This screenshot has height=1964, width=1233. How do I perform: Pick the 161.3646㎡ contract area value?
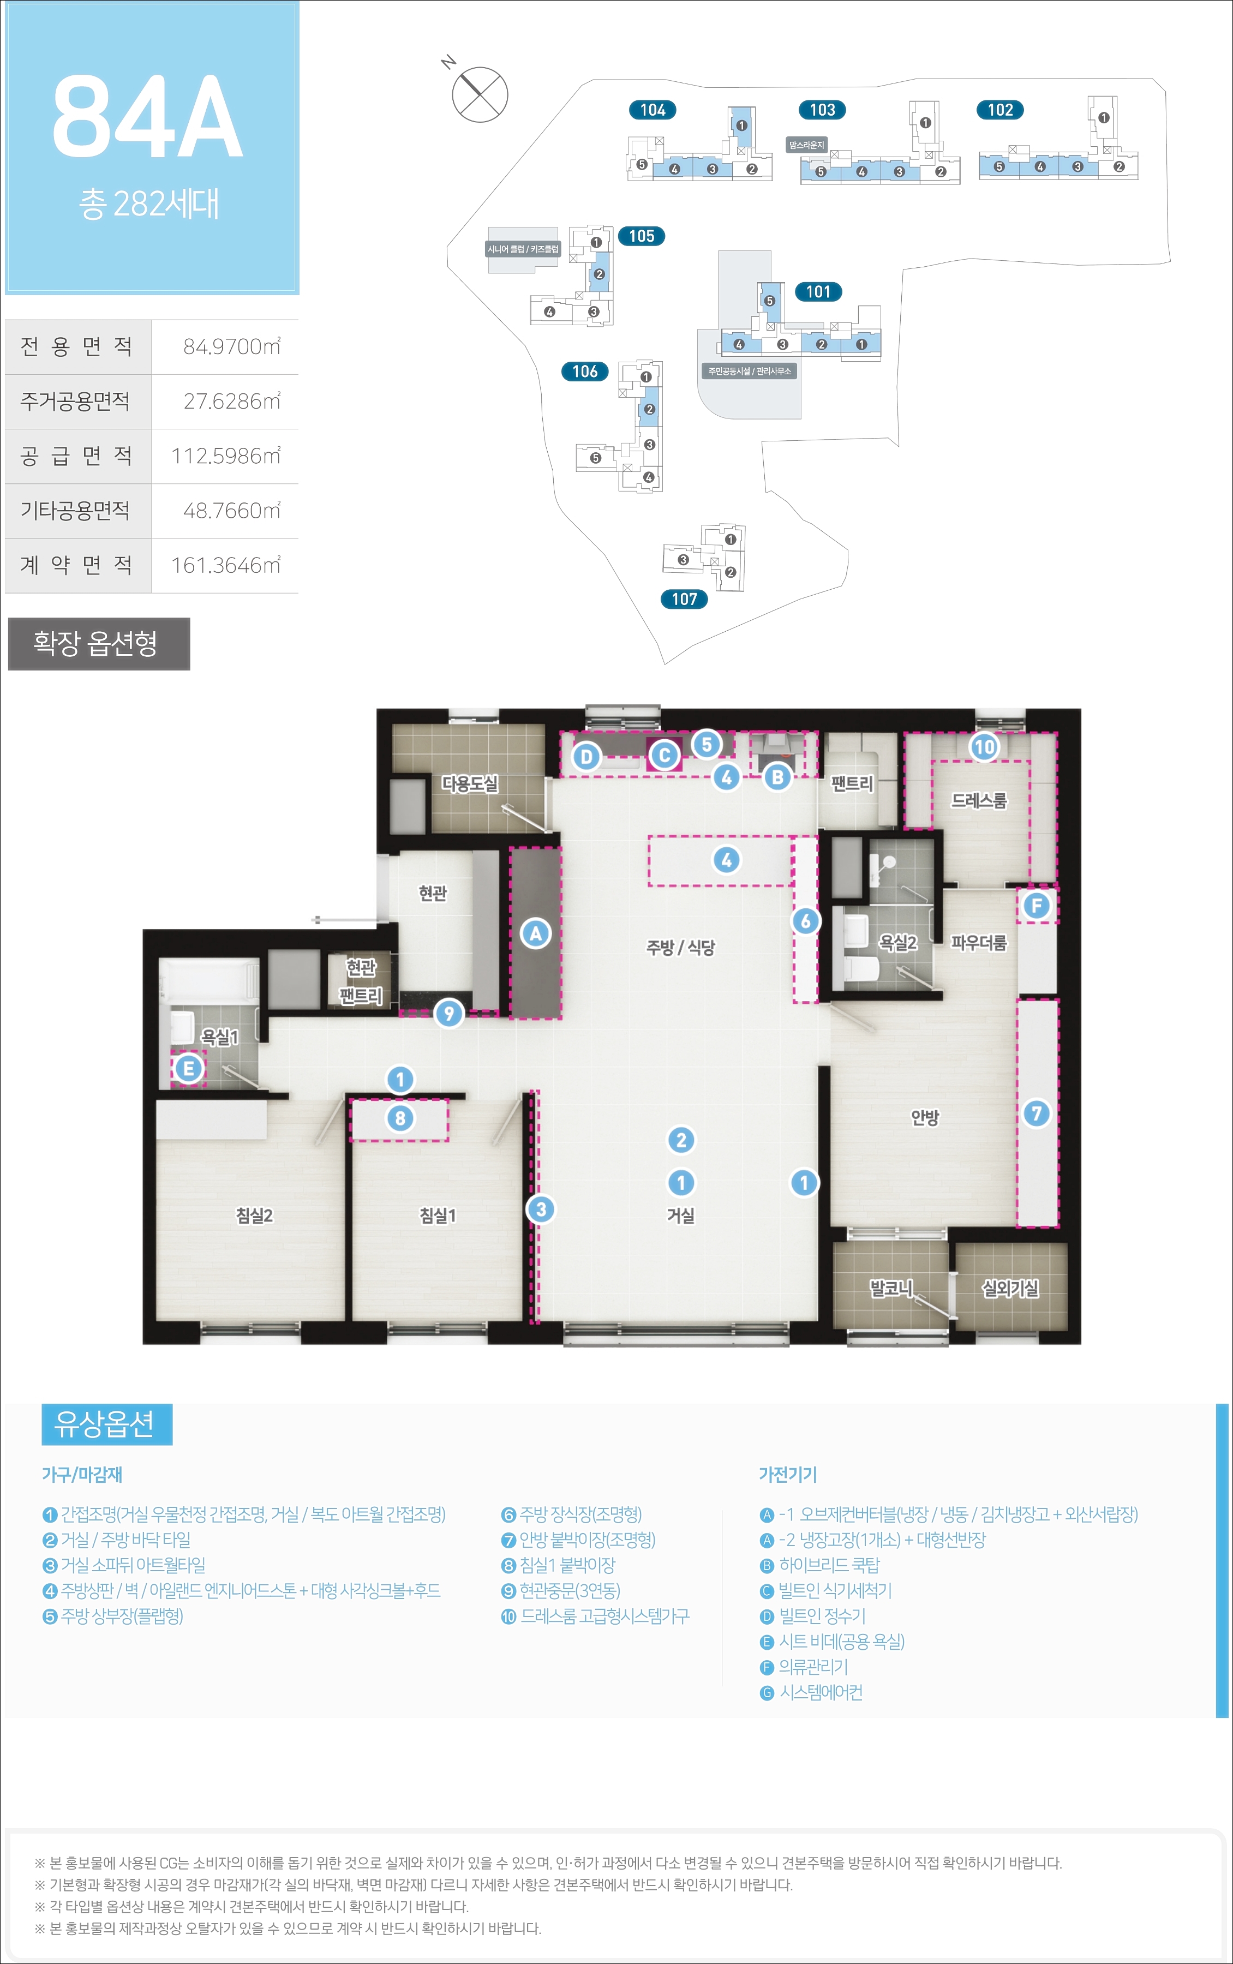click(225, 565)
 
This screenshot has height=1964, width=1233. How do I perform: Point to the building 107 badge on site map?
click(684, 599)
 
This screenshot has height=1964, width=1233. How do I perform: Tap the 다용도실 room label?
click(470, 783)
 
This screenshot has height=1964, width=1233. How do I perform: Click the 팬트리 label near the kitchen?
click(851, 783)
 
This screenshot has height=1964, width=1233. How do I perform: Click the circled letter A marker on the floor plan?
click(536, 933)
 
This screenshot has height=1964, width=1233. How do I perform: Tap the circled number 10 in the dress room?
click(984, 747)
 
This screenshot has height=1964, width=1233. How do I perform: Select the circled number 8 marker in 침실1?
click(399, 1118)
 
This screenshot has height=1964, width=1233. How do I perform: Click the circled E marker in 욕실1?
click(188, 1068)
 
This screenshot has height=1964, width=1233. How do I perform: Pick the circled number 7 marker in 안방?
click(1037, 1113)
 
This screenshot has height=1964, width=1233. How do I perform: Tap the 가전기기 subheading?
click(788, 1474)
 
